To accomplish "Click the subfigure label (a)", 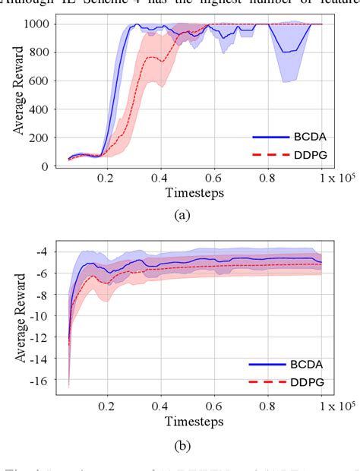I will [x=182, y=216].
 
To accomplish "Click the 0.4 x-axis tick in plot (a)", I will [x=159, y=179].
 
